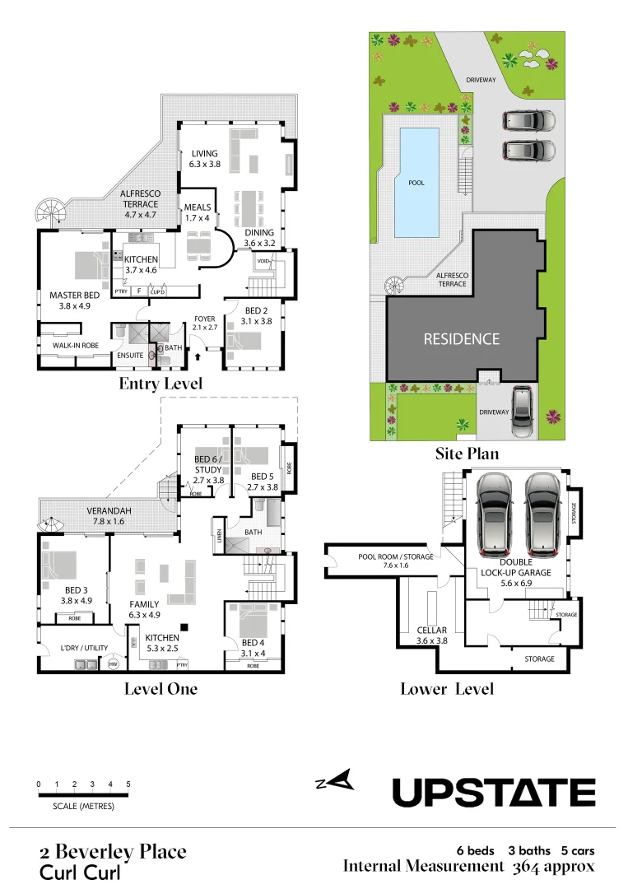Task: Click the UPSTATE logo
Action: click(493, 793)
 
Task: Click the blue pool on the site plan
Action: click(416, 181)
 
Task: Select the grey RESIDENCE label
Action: click(461, 338)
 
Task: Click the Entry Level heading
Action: click(160, 384)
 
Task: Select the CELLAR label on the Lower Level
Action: click(431, 635)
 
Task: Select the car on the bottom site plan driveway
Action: click(522, 412)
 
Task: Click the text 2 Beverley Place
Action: click(113, 851)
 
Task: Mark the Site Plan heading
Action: click(467, 453)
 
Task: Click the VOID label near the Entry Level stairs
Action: click(263, 261)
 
